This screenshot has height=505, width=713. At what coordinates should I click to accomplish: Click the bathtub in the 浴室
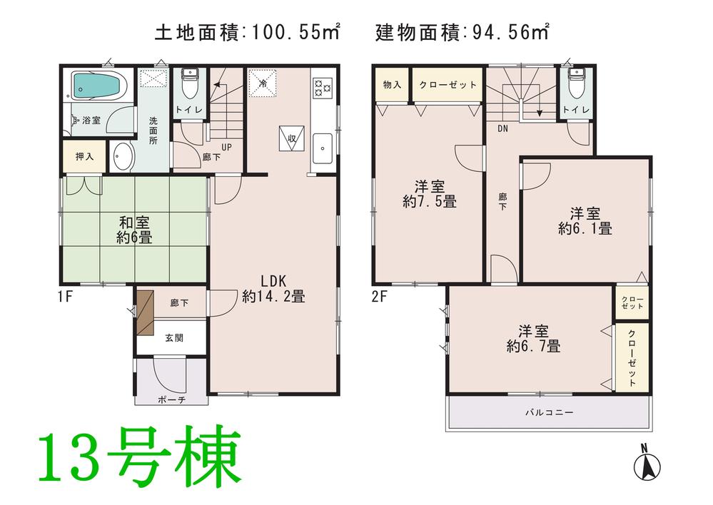(x=98, y=85)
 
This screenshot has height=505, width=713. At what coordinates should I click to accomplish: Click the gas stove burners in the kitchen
(x=322, y=86)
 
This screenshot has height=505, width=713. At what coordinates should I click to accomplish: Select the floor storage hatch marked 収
(x=292, y=138)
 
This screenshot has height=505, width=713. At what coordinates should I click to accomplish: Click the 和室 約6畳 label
(x=134, y=230)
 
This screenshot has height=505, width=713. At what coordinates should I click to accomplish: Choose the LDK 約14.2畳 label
(x=273, y=288)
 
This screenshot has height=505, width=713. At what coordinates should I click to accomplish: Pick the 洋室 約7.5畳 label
(x=429, y=194)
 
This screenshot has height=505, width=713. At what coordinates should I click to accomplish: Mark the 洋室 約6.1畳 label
(x=585, y=221)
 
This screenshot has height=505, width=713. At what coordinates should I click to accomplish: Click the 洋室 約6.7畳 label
(x=533, y=339)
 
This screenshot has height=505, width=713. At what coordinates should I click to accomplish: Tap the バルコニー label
(x=549, y=412)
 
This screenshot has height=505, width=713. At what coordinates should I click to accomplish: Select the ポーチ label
(x=171, y=400)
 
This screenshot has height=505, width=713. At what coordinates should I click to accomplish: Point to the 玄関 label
(x=174, y=337)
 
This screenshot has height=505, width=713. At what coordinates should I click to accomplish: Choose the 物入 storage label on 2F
(x=392, y=85)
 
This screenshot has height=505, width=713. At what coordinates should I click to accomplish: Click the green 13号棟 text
(x=140, y=456)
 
